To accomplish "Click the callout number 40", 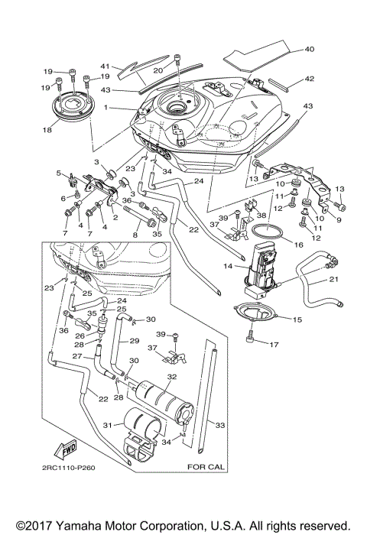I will click(x=309, y=50).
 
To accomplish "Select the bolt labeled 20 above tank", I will click(x=178, y=60).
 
